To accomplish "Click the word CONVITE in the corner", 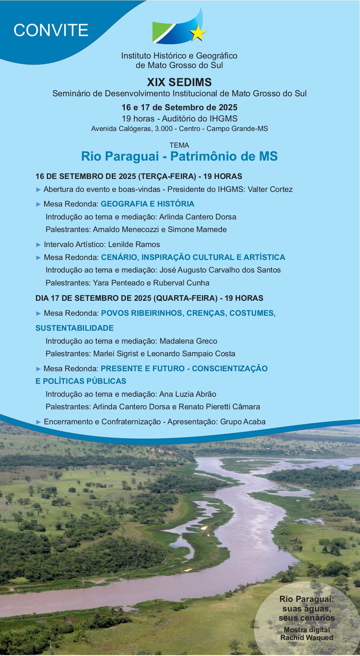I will click(51, 30).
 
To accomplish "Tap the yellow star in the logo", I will click(197, 33).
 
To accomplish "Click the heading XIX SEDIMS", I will click(179, 82).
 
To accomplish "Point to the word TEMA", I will click(179, 145).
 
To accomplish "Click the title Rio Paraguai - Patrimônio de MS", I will click(179, 157).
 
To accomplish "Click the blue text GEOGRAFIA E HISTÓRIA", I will click(148, 204).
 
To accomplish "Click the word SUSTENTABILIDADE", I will click(75, 328).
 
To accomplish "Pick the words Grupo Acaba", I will click(243, 422).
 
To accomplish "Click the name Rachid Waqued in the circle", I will click(307, 638).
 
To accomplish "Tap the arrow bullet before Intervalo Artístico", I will click(38, 245).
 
